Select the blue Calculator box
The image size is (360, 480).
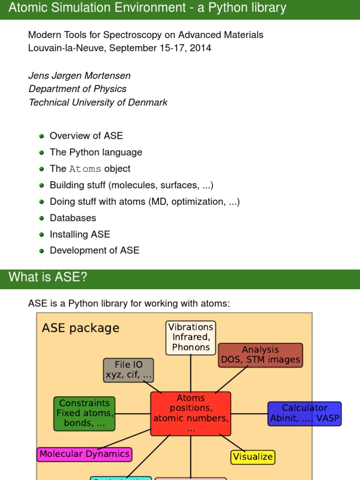coord(305,413)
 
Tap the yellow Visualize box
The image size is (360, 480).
coord(253,457)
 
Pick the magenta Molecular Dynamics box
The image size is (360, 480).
coord(84,454)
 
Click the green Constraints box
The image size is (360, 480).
coord(85,413)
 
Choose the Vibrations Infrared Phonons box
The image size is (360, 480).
coord(191,337)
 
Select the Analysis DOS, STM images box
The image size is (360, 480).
coord(260,355)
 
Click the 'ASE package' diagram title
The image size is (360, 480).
coord(81,328)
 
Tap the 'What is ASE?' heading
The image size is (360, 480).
coord(48,277)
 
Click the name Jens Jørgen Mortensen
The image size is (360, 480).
coord(79,75)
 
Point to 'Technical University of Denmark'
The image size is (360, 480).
coord(98,102)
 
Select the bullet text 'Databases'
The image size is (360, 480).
coord(73,218)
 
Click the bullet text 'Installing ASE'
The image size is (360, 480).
coord(80,234)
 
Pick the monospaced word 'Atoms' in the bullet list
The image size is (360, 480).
coord(85,169)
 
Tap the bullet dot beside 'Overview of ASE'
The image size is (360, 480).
coord(41,136)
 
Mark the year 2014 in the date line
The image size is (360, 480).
coord(201,48)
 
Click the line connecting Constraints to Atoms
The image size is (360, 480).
coord(133,414)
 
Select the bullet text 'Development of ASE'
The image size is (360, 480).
coord(94,251)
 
